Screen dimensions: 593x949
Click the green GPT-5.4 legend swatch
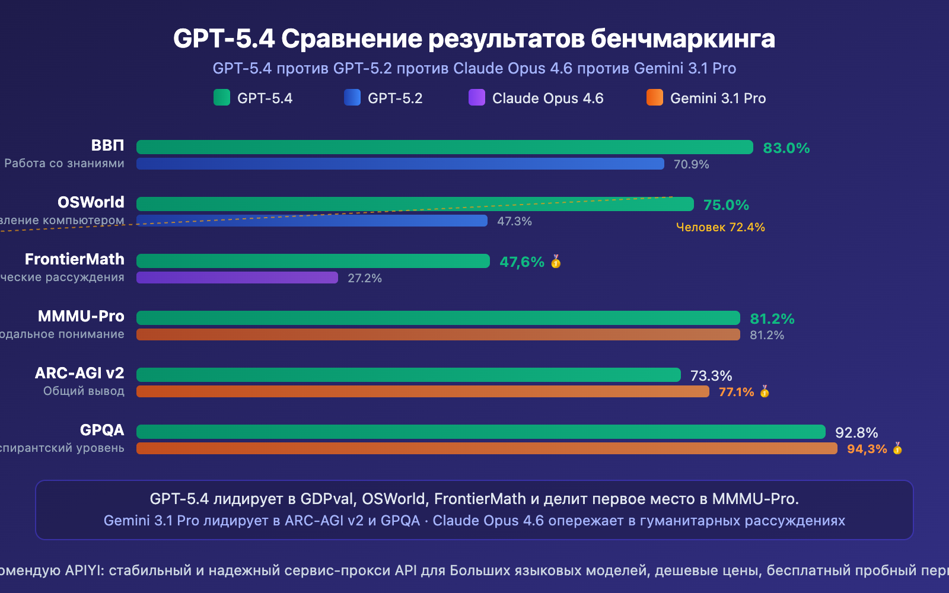click(x=222, y=97)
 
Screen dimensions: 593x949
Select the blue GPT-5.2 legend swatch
click(x=352, y=97)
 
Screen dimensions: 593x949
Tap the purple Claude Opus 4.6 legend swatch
click(x=477, y=97)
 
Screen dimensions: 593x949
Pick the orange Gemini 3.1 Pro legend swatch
click(x=655, y=97)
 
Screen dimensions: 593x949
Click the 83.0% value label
click(x=786, y=148)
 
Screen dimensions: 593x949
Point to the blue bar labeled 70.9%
click(x=400, y=164)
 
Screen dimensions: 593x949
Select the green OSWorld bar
click(x=415, y=204)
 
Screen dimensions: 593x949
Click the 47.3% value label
click(x=514, y=221)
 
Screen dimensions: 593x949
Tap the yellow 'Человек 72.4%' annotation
click(x=720, y=227)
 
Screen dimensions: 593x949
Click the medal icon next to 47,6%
click(x=556, y=262)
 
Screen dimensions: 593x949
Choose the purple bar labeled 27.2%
click(x=237, y=278)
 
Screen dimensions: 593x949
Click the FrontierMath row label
click(x=75, y=259)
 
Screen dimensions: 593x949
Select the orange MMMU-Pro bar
click(x=438, y=334)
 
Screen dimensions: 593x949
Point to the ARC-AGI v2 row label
click(x=79, y=373)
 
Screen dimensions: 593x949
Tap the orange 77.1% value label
click(x=736, y=392)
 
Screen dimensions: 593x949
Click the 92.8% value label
click(x=856, y=433)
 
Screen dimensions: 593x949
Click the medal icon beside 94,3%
click(x=897, y=448)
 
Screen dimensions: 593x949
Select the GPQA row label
click(x=102, y=430)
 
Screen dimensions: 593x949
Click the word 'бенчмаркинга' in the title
click(x=683, y=39)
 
